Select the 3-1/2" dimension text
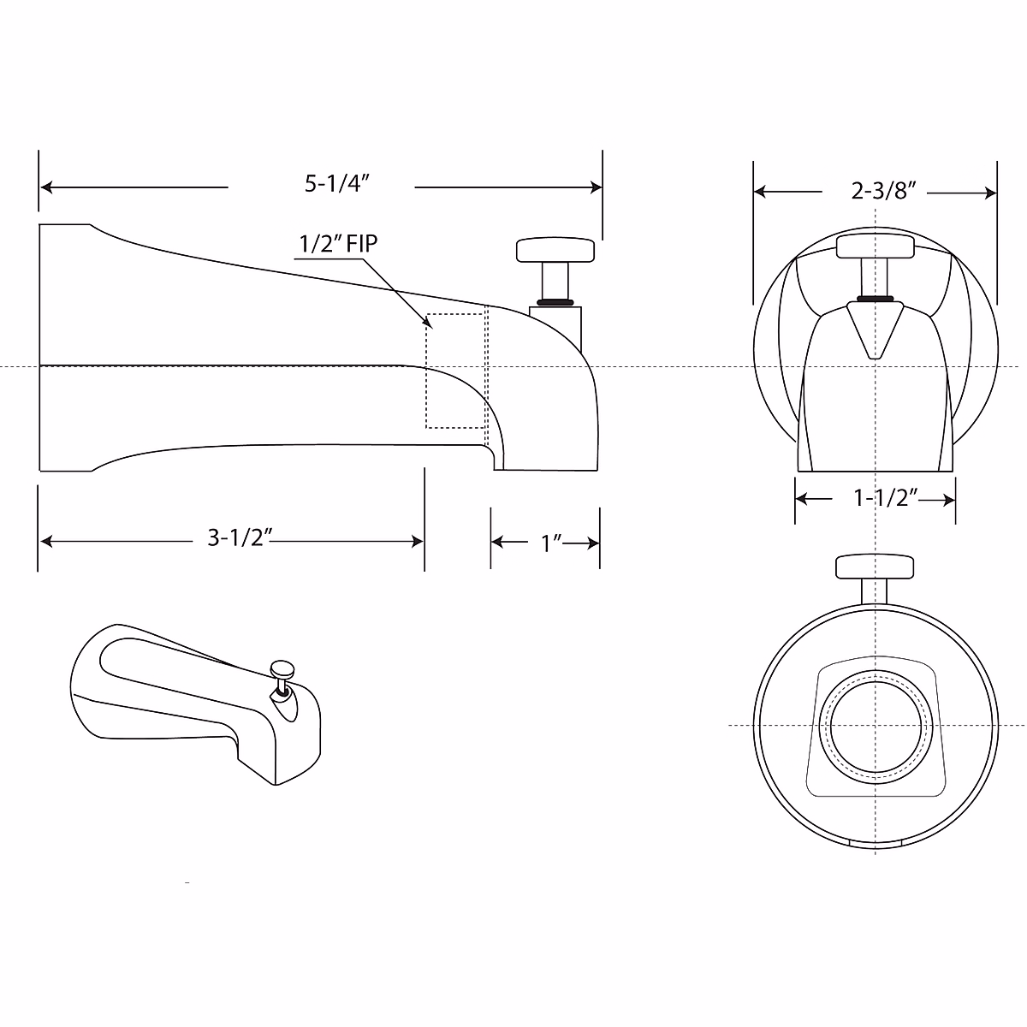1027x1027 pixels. point(240,538)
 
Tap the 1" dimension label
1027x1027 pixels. point(550,542)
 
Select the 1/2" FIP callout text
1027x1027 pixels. point(337,244)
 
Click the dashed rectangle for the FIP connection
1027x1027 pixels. point(455,371)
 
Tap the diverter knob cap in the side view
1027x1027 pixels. point(555,250)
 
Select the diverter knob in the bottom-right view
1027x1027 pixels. point(875,567)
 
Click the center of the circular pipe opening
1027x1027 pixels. point(875,725)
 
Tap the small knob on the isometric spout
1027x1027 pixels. point(281,668)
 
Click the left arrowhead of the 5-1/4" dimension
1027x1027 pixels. point(47,187)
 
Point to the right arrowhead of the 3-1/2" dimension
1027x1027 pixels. point(418,541)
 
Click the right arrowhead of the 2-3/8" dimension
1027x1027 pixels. point(992,193)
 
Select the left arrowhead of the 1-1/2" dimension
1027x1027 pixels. point(802,500)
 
